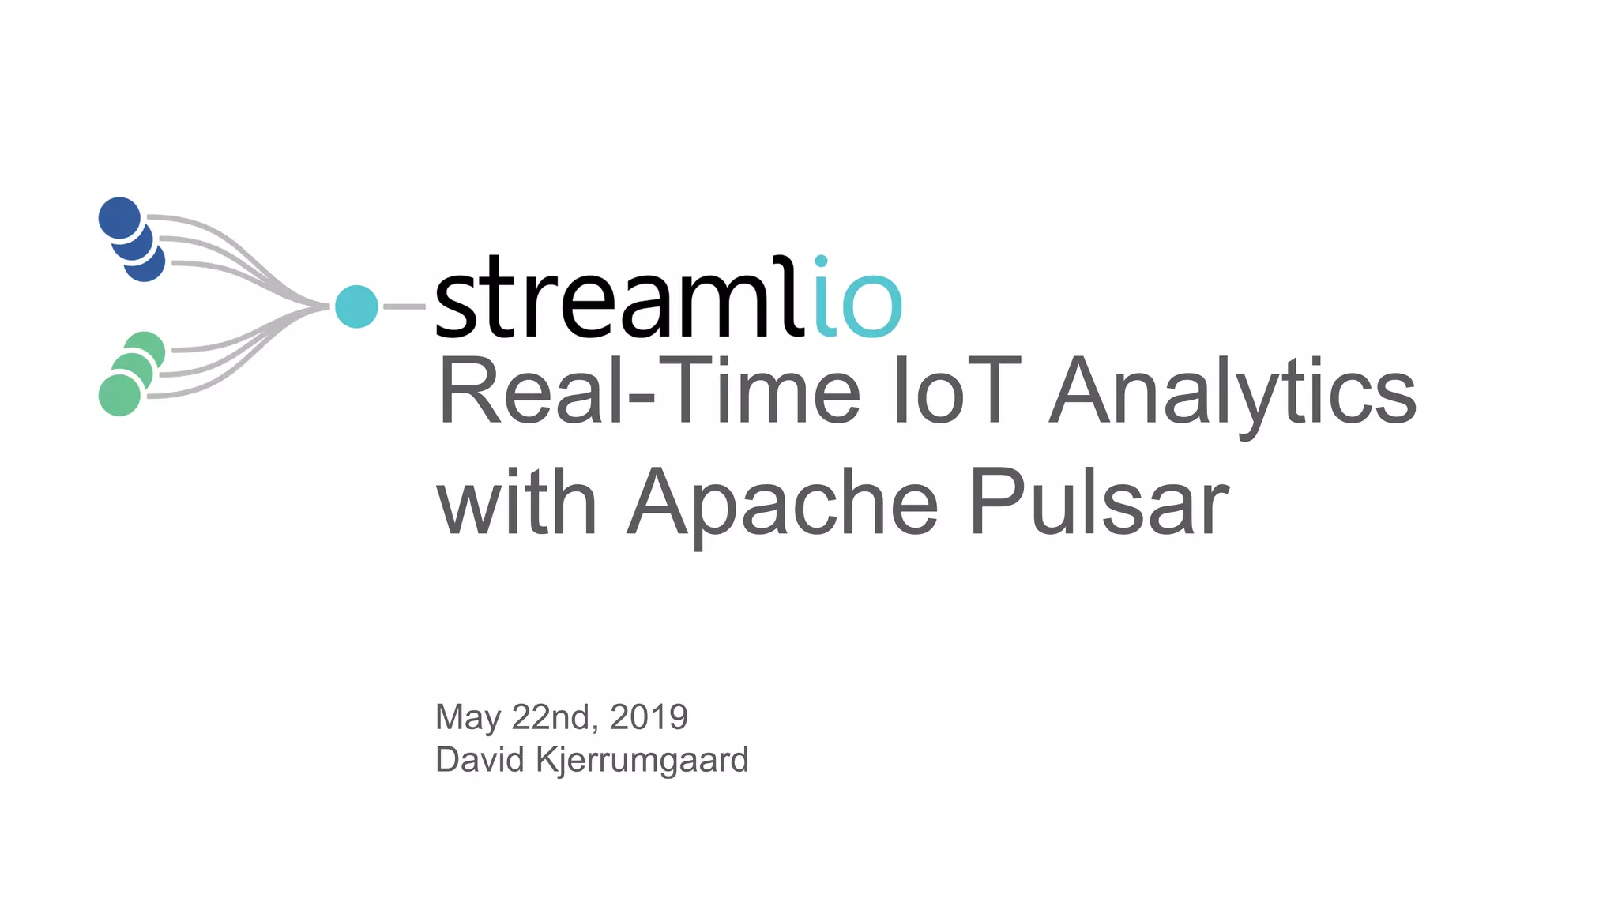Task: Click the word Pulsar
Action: tap(1098, 502)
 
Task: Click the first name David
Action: tap(480, 760)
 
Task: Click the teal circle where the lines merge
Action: tap(356, 306)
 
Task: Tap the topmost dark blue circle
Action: tap(119, 217)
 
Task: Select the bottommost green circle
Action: tap(119, 395)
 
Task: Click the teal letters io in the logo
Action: tap(857, 304)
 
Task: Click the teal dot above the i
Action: tap(821, 261)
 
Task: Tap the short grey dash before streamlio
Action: tap(404, 306)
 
